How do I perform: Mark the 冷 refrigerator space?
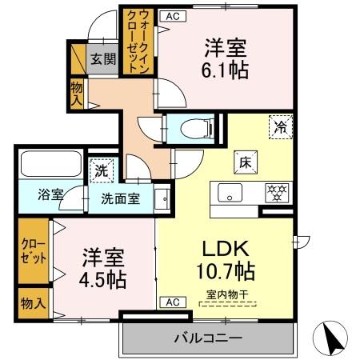tap(281, 126)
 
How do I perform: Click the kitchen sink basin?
tap(230, 193)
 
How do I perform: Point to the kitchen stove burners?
tap(278, 193)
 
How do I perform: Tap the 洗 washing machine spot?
tap(101, 170)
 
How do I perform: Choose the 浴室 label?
tap(51, 194)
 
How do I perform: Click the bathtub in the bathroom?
tap(46, 164)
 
